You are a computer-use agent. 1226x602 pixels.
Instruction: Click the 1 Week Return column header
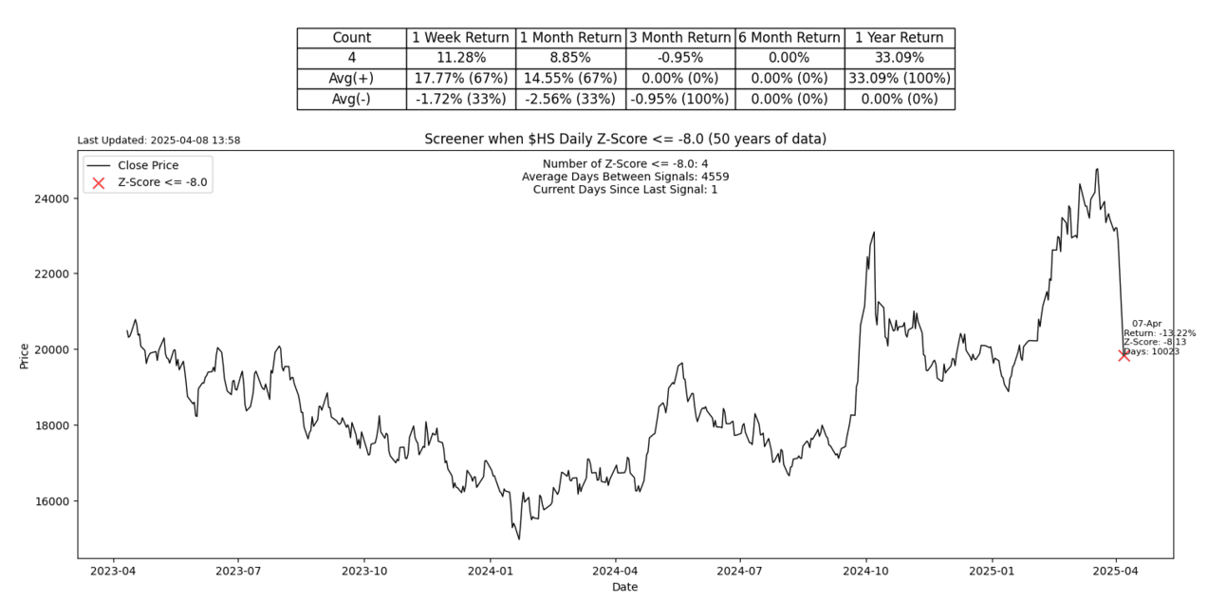point(460,38)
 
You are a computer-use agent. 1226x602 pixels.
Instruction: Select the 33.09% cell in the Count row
point(899,57)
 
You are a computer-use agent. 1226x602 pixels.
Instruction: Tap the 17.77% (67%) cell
point(460,78)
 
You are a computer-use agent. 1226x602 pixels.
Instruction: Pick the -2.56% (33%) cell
point(569,99)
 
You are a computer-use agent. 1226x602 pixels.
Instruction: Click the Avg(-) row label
point(351,99)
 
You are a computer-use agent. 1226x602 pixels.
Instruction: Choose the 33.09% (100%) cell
point(899,78)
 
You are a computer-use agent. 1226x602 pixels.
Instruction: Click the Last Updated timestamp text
point(158,141)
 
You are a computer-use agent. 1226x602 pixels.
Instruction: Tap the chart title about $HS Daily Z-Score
point(625,140)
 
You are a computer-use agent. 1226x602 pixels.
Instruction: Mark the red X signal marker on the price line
point(1124,355)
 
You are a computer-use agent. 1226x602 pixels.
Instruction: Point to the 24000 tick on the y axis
point(54,198)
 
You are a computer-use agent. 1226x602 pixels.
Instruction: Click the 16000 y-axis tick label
point(54,501)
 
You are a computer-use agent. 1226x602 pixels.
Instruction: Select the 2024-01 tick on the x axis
point(490,572)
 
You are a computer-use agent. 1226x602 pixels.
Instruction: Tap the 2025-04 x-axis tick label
point(1116,572)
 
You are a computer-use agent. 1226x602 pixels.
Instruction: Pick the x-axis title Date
point(624,588)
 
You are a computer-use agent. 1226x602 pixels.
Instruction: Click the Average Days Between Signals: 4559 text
point(625,177)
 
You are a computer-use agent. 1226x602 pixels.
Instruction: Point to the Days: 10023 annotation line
point(1151,351)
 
